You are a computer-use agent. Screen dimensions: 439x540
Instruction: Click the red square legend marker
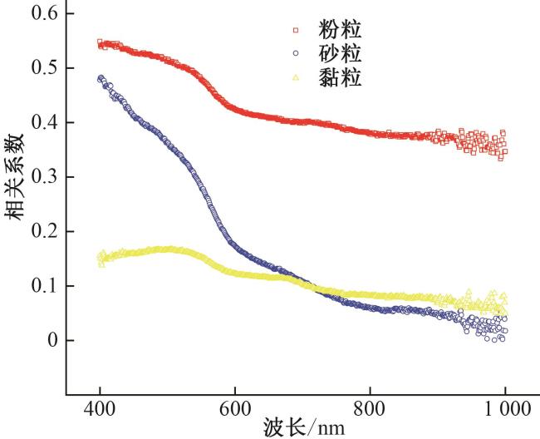pyautogui.click(x=295, y=32)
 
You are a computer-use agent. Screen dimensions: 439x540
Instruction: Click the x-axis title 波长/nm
pyautogui.click(x=300, y=428)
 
